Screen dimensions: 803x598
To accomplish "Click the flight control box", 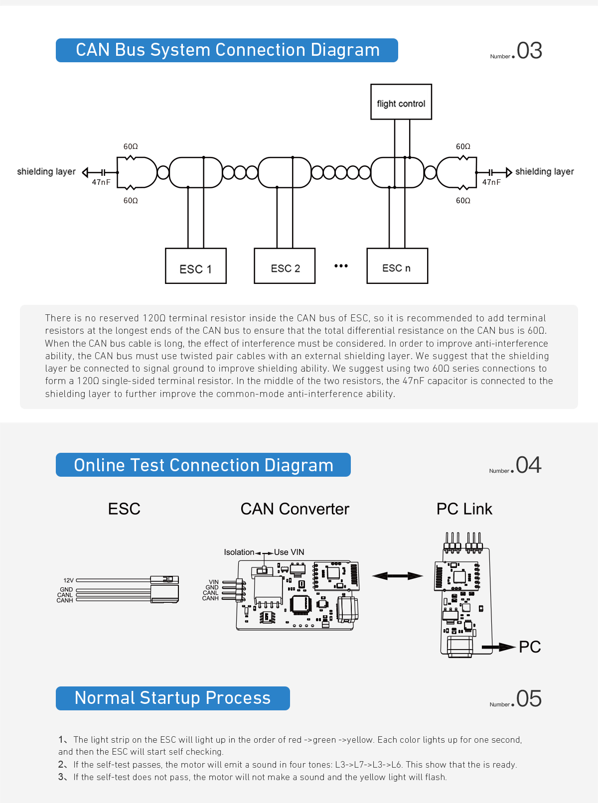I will click(401, 102).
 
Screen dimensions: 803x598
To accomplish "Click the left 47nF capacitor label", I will click(101, 182).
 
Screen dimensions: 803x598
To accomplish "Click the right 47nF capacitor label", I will click(491, 182).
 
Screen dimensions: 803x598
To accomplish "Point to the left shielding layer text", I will click(46, 172).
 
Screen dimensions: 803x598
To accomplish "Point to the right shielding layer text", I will click(544, 172).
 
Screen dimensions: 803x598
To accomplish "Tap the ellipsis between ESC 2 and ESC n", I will click(341, 266).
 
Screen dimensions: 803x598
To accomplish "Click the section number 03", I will click(529, 51).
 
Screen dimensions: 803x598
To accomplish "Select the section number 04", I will click(528, 465).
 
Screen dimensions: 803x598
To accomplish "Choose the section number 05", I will click(529, 699).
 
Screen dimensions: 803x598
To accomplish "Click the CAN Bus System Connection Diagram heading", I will click(227, 50).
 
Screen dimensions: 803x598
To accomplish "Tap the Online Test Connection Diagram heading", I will click(203, 465).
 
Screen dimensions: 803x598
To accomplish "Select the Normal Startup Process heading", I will click(172, 698).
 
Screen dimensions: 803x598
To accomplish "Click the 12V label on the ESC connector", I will click(69, 580).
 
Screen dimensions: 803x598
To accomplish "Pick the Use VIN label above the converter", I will click(289, 552).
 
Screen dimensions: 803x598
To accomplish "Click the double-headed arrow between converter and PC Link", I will click(398, 576).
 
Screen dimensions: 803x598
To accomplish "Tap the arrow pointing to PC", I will click(498, 647).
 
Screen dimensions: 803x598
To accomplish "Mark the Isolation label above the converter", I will click(239, 552).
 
